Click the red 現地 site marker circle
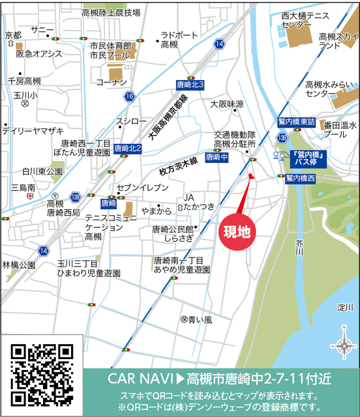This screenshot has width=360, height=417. [x=236, y=231]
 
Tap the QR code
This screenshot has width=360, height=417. [x=42, y=374]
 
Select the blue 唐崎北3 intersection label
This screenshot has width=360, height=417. [x=190, y=85]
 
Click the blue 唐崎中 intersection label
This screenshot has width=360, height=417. [x=216, y=157]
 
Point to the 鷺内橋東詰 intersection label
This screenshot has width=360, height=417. [x=296, y=122]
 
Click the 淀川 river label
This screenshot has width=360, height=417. [x=345, y=307]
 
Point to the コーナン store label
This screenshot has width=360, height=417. [x=111, y=83]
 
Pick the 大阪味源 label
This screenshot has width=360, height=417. [x=227, y=104]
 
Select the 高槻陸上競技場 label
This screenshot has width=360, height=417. [x=111, y=12]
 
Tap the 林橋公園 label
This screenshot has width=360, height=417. [x=18, y=266]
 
